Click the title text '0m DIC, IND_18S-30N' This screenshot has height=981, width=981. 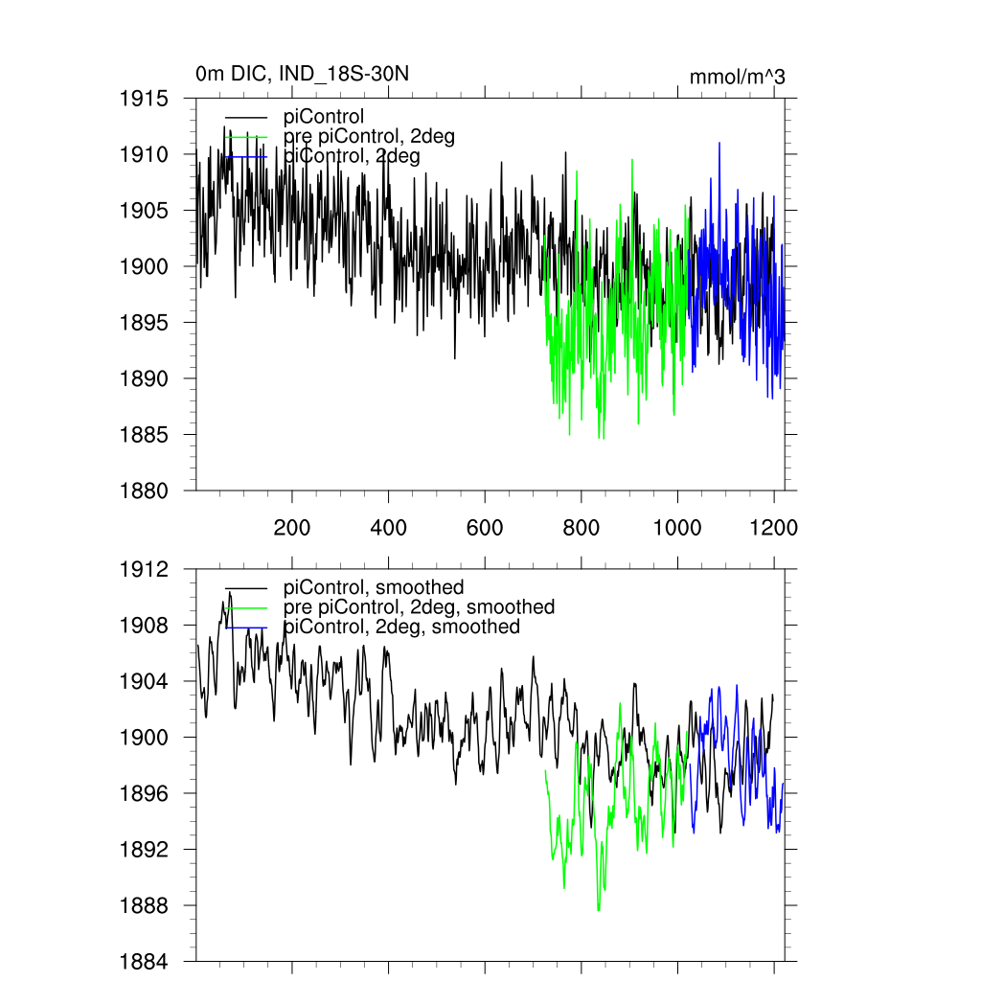pos(304,74)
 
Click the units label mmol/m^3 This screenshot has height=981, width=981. pos(737,78)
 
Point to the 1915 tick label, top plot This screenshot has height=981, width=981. pos(145,99)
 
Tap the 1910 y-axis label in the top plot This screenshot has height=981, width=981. pos(145,154)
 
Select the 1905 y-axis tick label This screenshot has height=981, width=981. pos(145,211)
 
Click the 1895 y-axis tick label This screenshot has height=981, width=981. pos(145,323)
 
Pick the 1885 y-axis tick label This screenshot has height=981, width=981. pos(145,435)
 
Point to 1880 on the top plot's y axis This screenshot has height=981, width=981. pos(145,491)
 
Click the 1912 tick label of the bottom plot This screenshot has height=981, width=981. pos(145,569)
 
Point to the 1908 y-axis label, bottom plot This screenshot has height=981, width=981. pos(145,626)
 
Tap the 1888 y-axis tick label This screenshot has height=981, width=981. pos(145,906)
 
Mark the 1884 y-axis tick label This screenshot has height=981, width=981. pos(145,962)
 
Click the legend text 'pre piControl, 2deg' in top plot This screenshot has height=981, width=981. pos(369,137)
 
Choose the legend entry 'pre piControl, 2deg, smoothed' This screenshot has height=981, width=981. pos(419,607)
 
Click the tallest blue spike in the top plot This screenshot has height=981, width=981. pos(719,144)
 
